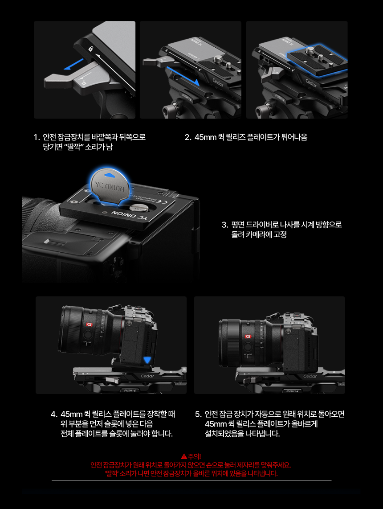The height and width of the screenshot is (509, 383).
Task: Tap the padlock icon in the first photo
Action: click(x=90, y=49)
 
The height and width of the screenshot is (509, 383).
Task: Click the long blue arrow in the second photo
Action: click(x=183, y=76)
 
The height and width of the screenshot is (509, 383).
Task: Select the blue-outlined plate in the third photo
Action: click(x=316, y=60)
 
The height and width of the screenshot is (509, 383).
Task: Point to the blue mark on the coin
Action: click(x=110, y=175)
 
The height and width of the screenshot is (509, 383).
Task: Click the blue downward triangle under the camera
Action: click(x=147, y=360)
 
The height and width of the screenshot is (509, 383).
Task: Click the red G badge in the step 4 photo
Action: click(x=89, y=324)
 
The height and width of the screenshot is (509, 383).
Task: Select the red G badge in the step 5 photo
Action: click(x=248, y=337)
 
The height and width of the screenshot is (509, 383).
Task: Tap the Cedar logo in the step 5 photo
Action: click(x=310, y=376)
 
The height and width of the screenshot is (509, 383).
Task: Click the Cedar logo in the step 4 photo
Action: click(x=147, y=376)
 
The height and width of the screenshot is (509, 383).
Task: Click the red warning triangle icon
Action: click(x=184, y=456)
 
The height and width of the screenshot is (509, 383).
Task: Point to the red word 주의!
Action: click(x=195, y=456)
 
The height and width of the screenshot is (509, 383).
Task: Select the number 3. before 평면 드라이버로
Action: click(x=225, y=225)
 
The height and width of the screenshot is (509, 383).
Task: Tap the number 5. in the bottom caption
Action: click(x=199, y=414)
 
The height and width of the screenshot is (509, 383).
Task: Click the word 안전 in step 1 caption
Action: click(x=49, y=137)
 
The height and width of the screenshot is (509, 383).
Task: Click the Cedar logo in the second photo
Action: click(x=218, y=82)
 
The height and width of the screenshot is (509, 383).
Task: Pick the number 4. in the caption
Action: click(x=54, y=414)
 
